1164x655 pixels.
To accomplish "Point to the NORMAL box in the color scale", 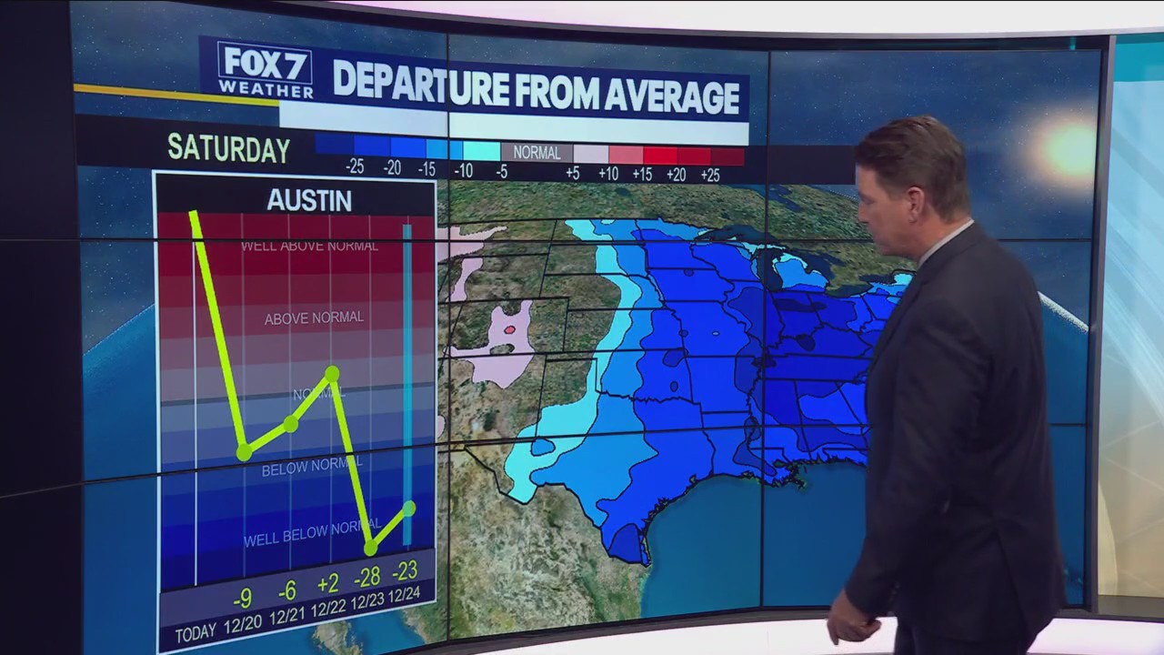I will (x=537, y=153).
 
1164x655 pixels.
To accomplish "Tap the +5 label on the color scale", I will (x=572, y=173).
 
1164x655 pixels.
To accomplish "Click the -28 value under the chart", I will (x=367, y=576).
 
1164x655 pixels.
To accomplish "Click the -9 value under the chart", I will (x=242, y=599).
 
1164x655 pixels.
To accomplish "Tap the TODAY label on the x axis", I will (x=196, y=634).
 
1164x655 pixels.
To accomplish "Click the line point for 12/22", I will (x=332, y=373).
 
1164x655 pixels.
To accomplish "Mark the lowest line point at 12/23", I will (x=370, y=549).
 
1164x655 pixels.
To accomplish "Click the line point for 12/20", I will (x=244, y=452).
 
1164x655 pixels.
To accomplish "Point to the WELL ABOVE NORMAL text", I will (x=309, y=246).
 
